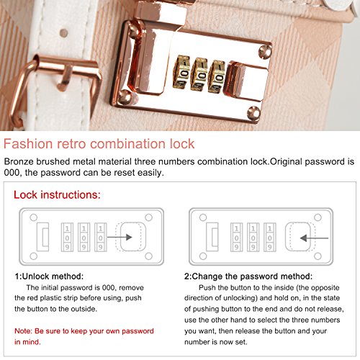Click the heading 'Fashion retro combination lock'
(x=99, y=144)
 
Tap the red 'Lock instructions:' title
(x=57, y=194)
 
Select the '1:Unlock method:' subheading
(x=49, y=276)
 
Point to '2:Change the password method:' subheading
(x=248, y=276)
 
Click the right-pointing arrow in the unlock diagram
(x=120, y=238)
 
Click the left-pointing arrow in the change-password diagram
(x=314, y=238)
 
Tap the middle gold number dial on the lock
(x=199, y=74)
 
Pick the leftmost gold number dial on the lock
(x=181, y=72)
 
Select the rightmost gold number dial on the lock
(x=217, y=76)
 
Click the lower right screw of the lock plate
(x=253, y=113)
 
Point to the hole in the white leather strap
(x=63, y=33)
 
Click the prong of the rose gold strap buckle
(x=65, y=78)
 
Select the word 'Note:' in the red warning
(x=23, y=331)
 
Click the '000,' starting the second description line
(x=13, y=173)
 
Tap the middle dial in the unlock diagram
(x=84, y=238)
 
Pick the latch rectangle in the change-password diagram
(x=212, y=237)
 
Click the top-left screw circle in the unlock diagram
(x=34, y=217)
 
